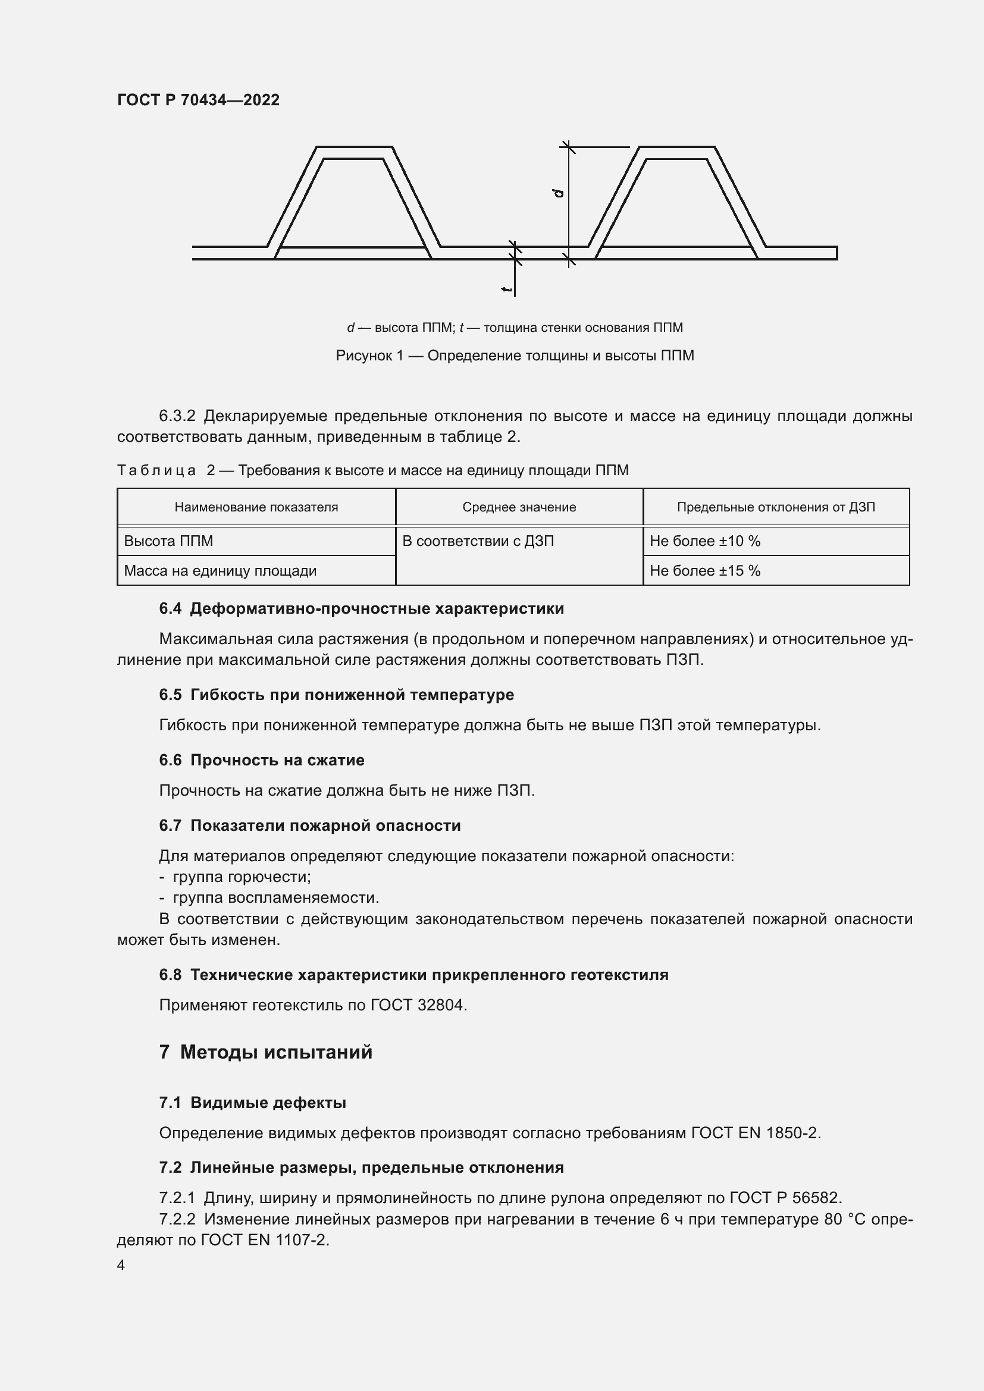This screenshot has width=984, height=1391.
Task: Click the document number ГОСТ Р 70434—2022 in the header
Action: (198, 100)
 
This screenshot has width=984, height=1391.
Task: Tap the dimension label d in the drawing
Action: (558, 193)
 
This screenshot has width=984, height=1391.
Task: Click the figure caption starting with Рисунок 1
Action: (515, 356)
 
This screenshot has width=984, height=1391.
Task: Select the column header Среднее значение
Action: (519, 507)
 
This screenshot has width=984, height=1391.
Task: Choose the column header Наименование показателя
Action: (256, 507)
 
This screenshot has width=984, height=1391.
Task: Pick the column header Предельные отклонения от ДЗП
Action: (776, 507)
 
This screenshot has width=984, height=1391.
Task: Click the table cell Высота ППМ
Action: (168, 541)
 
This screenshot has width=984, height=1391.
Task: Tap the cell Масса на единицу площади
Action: (220, 571)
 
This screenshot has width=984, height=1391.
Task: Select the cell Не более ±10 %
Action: (704, 541)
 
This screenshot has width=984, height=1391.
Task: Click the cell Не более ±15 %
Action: (704, 571)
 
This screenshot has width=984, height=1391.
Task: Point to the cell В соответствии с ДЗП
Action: (478, 541)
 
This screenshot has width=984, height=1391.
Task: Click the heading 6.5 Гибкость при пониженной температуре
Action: (336, 695)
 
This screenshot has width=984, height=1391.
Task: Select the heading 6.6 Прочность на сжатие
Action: (262, 761)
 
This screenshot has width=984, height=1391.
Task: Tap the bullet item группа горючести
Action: (241, 877)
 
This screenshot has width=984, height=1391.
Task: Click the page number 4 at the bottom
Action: (121, 1266)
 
